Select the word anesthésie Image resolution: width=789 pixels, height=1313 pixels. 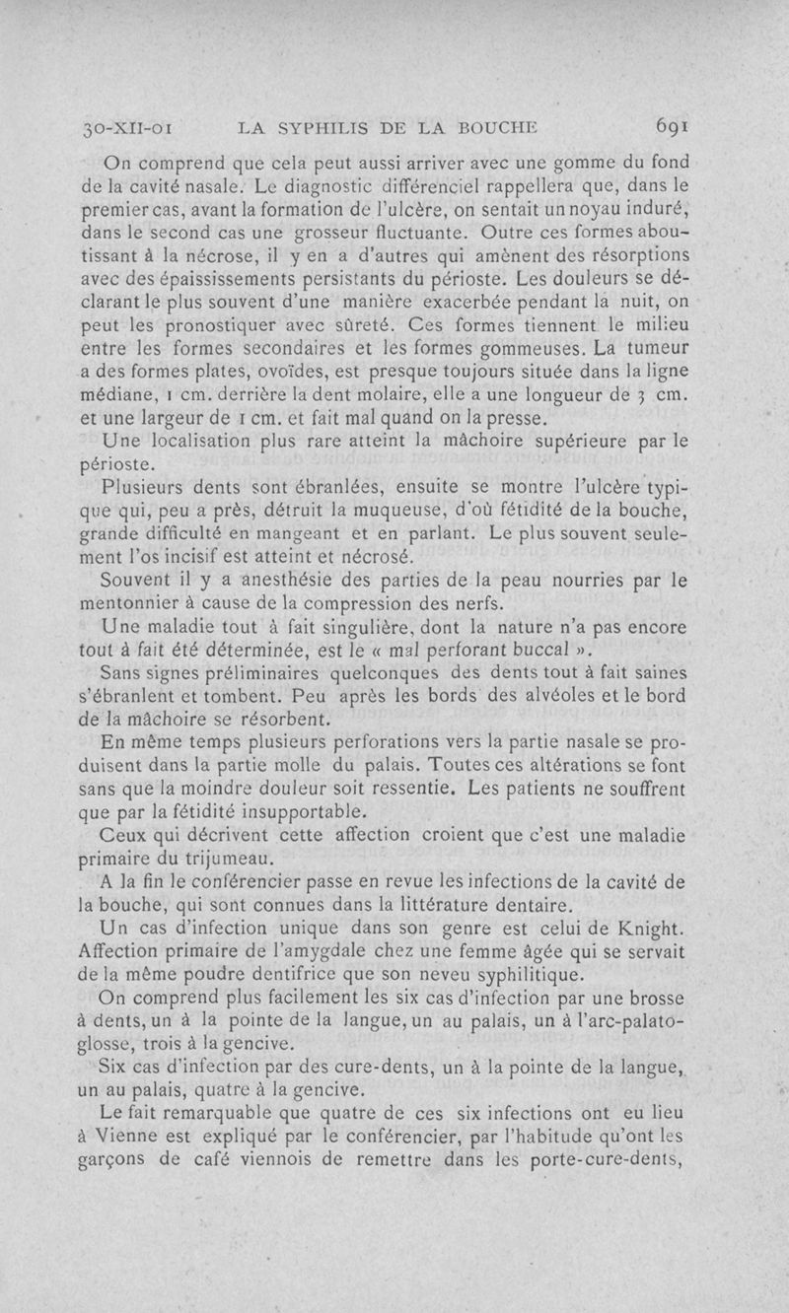(281, 580)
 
